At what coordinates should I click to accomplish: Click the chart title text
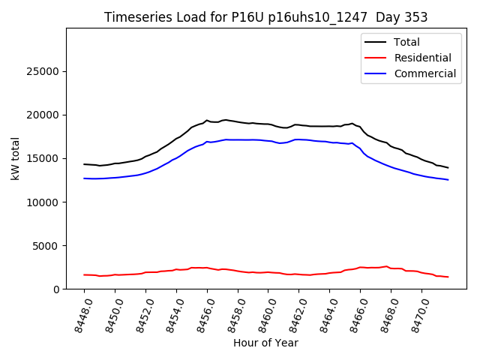(265, 17)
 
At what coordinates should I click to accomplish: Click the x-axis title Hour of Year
(265, 343)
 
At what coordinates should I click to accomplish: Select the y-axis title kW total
(15, 158)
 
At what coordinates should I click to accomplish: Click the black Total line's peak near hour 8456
(207, 120)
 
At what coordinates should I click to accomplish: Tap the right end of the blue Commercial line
(448, 180)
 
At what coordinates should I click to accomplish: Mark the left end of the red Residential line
(85, 274)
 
